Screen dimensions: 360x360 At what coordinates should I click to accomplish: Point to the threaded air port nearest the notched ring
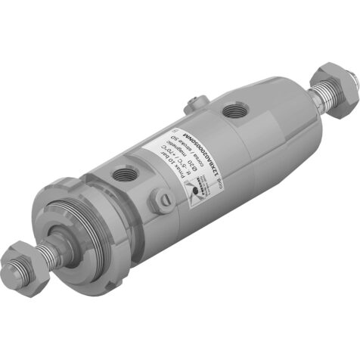coord(123,176)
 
